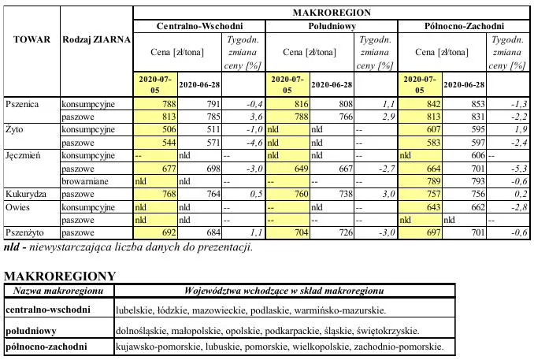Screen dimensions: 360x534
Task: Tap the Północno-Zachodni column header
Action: [465, 26]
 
